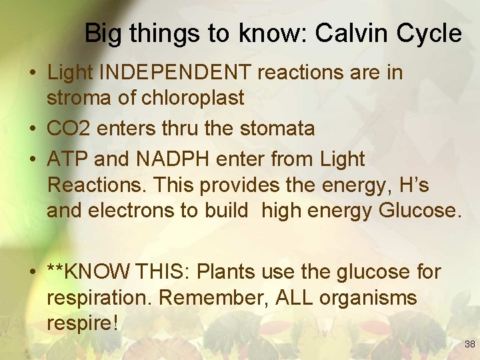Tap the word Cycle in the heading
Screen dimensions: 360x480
point(430,33)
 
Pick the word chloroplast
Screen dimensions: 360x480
point(193,98)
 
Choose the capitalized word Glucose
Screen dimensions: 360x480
point(419,211)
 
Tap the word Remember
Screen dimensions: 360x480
point(212,298)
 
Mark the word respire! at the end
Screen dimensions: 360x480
point(82,323)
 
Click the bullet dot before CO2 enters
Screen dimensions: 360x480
point(33,129)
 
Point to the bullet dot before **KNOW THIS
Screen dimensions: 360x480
point(33,273)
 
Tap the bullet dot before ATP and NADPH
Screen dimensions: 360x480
point(33,160)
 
